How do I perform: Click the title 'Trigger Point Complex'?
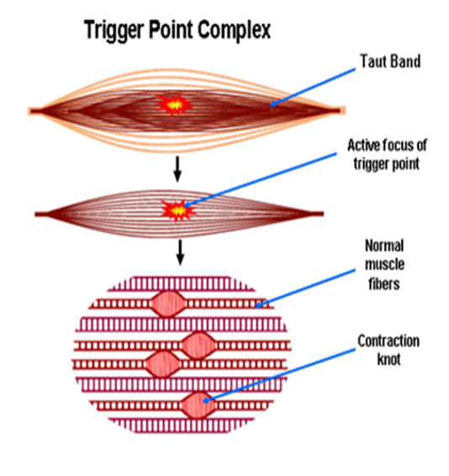point(177,31)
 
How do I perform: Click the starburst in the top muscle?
point(174,104)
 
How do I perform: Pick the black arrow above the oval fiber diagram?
point(180,251)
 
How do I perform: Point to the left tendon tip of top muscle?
point(34,110)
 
